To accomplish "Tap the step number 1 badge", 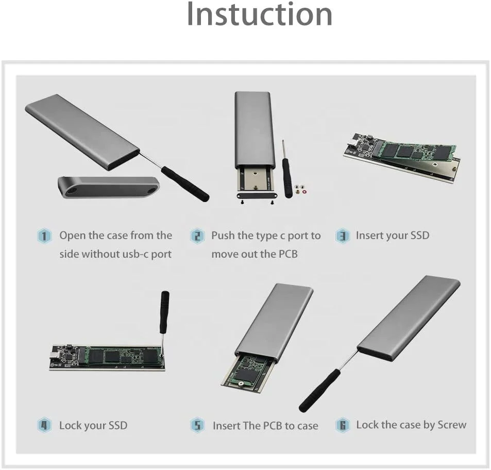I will pos(45,237).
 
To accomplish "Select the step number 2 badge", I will pos(197,237).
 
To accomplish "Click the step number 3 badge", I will pos(343,237).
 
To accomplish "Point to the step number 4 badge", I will pos(45,426).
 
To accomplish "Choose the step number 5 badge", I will pos(197,426).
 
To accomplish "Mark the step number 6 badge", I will pos(343,426).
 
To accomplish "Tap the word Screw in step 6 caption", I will pos(451,425).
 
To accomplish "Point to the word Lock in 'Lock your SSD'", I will pos(71,426).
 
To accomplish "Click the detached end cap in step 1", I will pos(108,187).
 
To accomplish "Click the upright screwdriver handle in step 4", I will pos(164,312).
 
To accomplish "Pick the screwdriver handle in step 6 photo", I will pos(319,390).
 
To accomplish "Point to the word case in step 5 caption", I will pos(307,426).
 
